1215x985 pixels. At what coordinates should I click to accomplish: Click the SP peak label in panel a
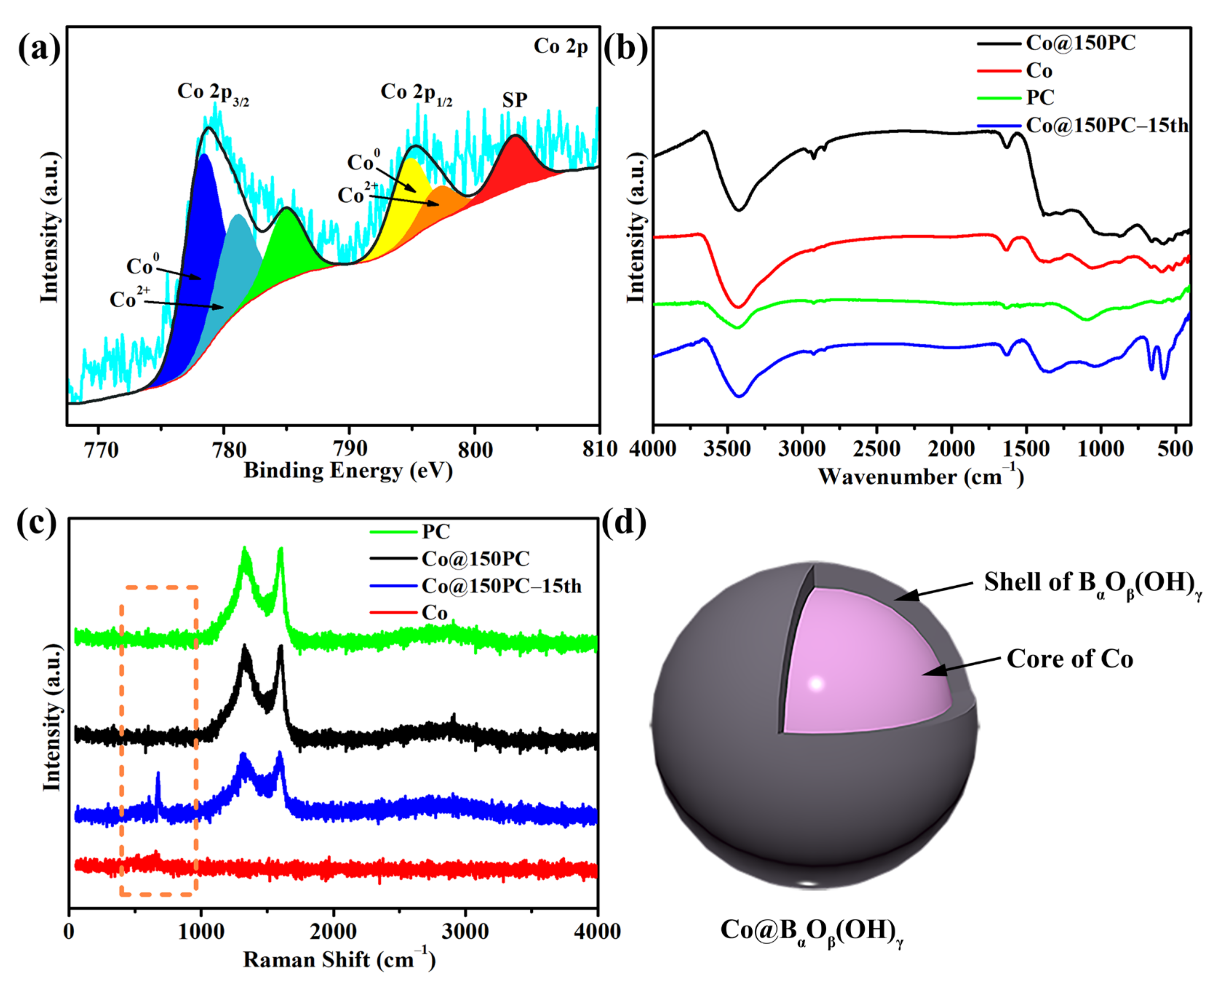pyautogui.click(x=515, y=100)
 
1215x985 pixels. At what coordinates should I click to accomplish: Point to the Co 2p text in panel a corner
pyautogui.click(x=560, y=47)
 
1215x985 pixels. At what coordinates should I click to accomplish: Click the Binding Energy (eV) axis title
pyautogui.click(x=348, y=471)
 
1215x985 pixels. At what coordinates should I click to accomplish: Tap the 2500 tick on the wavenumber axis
pyautogui.click(x=876, y=450)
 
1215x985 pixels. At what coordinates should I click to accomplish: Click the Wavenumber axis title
pyautogui.click(x=920, y=476)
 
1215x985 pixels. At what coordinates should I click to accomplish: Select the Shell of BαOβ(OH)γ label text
pyautogui.click(x=1092, y=583)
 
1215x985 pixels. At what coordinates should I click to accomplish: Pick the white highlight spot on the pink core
pyautogui.click(x=816, y=684)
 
